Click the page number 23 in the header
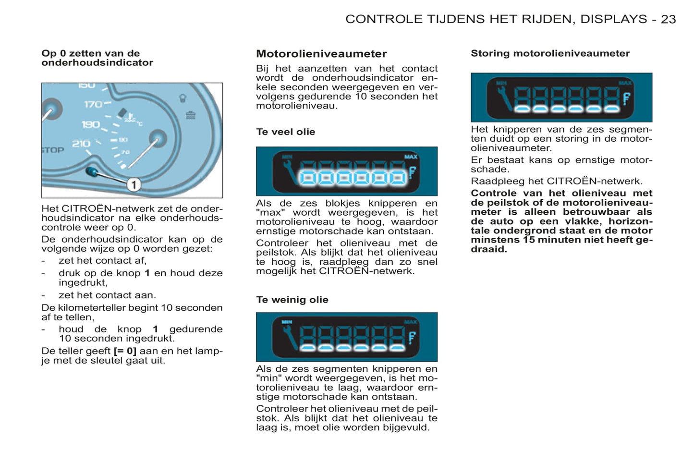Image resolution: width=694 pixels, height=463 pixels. tap(668, 19)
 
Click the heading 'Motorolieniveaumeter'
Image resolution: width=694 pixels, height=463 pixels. tap(321, 54)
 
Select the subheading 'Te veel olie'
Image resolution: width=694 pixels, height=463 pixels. tap(285, 132)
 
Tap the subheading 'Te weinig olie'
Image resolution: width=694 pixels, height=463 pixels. tap(292, 300)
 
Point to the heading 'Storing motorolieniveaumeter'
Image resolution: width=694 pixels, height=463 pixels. tap(550, 53)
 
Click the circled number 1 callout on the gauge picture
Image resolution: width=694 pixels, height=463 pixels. tap(134, 184)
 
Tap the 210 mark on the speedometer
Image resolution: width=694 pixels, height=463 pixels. tap(81, 144)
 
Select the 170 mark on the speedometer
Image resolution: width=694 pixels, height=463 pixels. tap(93, 104)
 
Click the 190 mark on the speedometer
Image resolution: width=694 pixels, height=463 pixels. tap(90, 124)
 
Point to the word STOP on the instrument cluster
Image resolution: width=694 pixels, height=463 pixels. tap(53, 150)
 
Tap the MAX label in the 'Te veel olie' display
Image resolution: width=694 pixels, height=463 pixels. tap(411, 157)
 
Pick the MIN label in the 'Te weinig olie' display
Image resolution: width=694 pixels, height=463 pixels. tap(287, 322)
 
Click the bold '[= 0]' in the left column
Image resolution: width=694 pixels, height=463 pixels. tap(125, 351)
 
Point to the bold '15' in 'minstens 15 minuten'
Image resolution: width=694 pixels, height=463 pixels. tap(529, 240)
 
